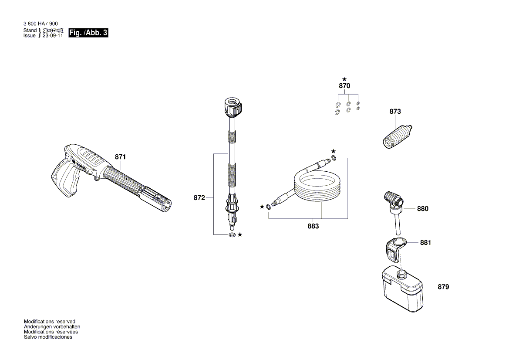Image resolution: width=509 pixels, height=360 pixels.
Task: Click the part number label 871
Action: pyautogui.click(x=120, y=157)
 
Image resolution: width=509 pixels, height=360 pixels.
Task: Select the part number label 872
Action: pyautogui.click(x=199, y=198)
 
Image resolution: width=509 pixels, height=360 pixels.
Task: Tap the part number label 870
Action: pyautogui.click(x=344, y=86)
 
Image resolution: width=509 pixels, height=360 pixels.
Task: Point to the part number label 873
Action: pyautogui.click(x=395, y=112)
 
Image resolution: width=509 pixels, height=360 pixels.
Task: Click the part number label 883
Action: pyautogui.click(x=313, y=226)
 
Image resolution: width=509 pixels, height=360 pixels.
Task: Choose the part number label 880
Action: pyautogui.click(x=422, y=209)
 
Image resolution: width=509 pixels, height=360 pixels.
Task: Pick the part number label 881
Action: pyautogui.click(x=425, y=243)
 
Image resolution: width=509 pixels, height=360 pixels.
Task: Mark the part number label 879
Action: pyautogui.click(x=443, y=287)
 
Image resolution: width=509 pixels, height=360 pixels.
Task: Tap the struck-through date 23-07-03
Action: pyautogui.click(x=53, y=31)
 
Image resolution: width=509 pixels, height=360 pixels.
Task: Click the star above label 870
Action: pyautogui.click(x=344, y=79)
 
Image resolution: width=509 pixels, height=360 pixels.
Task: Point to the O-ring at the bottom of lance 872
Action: pyautogui.click(x=232, y=235)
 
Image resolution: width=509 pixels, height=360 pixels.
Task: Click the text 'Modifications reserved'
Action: pyautogui.click(x=49, y=321)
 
